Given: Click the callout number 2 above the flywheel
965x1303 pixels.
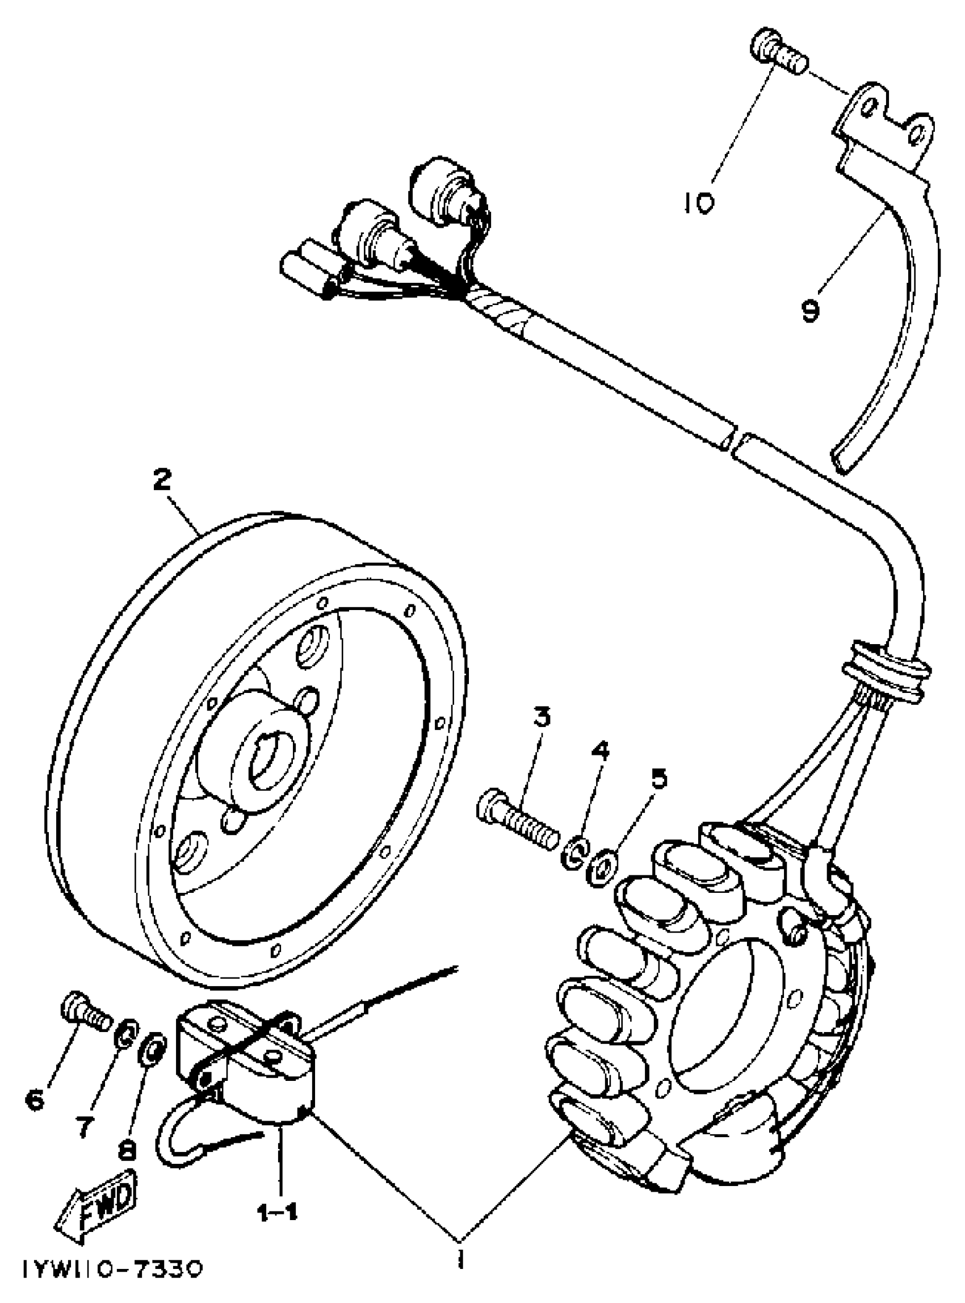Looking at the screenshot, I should tap(162, 481).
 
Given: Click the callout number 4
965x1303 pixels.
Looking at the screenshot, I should tap(602, 751).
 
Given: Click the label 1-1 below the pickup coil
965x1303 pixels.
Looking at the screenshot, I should tap(278, 1196).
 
